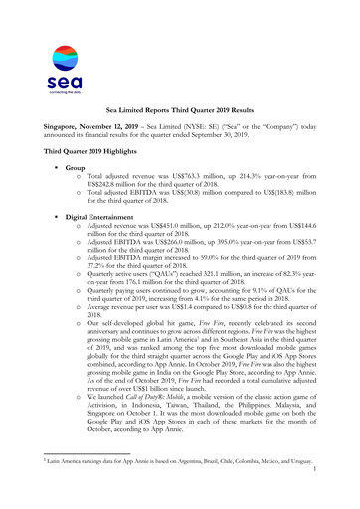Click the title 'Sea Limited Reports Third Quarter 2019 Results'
tap(179, 116)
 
